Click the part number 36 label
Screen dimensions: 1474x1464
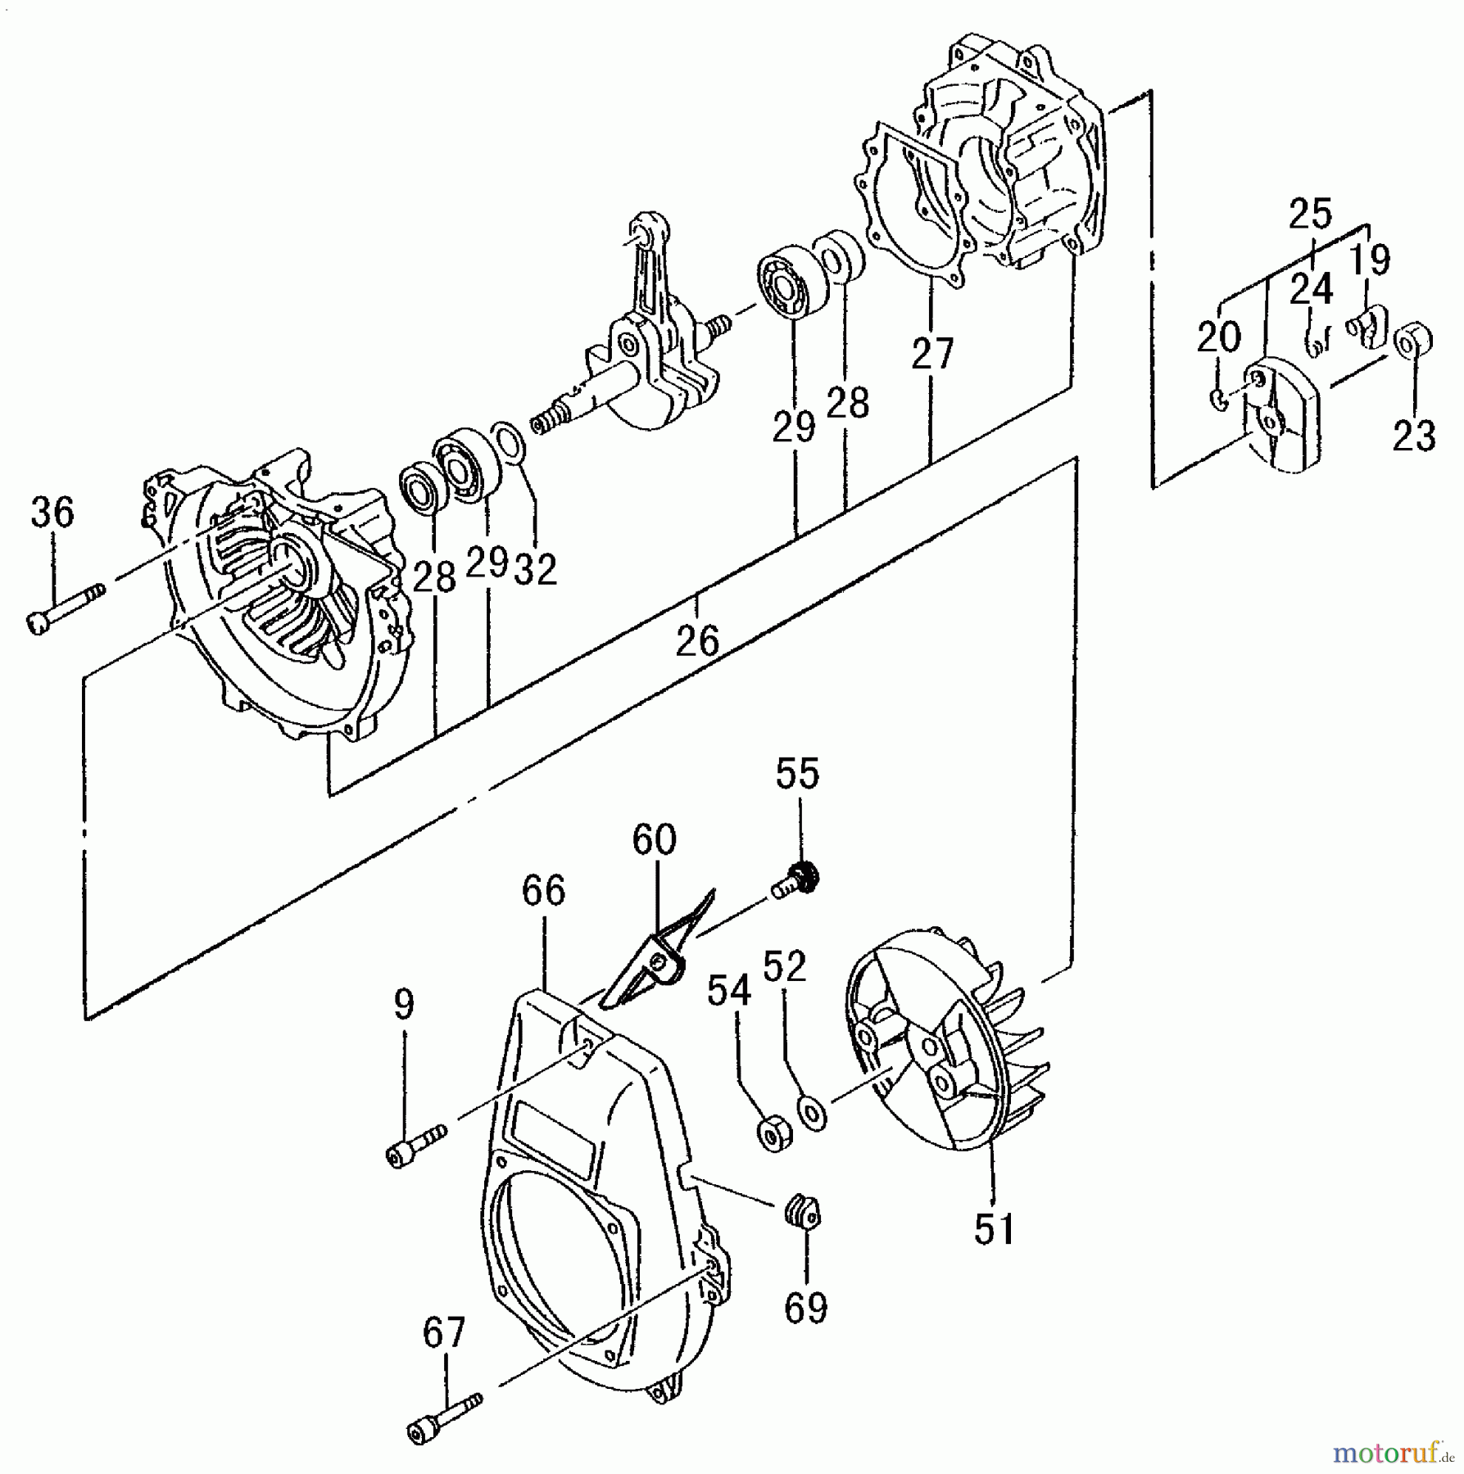(52, 512)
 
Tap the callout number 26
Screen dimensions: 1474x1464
(697, 640)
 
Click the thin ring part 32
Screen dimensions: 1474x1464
(509, 442)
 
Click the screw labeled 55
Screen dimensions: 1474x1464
(795, 884)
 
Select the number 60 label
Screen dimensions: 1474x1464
(654, 839)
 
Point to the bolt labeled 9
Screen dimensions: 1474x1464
(415, 1145)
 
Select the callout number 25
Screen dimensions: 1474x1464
(1310, 215)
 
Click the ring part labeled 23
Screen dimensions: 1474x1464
(1412, 341)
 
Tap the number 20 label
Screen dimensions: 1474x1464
(1219, 336)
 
